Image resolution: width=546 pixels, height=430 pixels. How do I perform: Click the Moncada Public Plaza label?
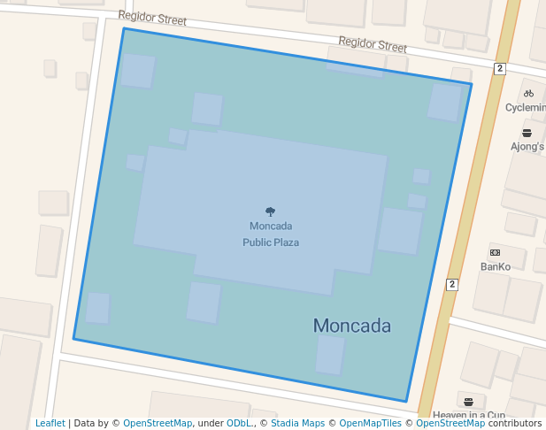[271, 234]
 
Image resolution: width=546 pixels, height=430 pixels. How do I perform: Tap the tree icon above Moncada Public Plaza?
[271, 211]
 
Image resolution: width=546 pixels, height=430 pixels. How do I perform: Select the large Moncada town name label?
[351, 326]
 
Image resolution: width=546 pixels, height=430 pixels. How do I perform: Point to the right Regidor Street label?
[373, 44]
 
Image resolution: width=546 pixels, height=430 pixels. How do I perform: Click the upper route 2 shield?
[500, 69]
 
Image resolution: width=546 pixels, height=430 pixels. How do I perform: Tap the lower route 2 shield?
[452, 284]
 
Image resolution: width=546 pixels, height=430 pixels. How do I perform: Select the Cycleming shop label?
[526, 107]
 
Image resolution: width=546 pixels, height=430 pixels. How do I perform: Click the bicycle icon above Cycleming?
[528, 93]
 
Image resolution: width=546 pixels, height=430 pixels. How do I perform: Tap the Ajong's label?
[527, 147]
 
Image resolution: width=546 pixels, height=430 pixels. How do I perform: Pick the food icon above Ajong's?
[527, 133]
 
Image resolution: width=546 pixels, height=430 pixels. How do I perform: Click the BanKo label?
[496, 266]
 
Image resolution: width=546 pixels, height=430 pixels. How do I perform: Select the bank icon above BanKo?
[495, 252]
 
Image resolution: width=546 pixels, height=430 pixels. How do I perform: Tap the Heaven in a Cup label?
[468, 414]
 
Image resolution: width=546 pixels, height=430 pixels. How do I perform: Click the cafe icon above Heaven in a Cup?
[468, 400]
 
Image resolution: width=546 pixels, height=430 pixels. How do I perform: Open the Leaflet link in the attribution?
[50, 424]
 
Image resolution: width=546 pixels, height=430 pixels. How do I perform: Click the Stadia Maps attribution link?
[297, 424]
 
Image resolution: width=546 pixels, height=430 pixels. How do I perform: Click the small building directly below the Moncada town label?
[330, 355]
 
